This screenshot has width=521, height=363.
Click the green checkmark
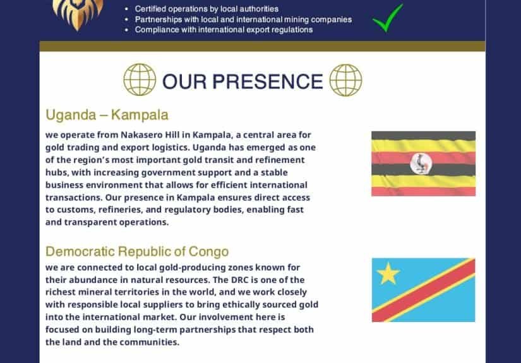[387, 18]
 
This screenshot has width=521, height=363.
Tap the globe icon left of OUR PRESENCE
[140, 80]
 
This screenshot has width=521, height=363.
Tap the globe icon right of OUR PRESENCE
[345, 80]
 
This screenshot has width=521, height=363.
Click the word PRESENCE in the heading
[268, 81]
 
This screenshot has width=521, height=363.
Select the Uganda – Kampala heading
[107, 115]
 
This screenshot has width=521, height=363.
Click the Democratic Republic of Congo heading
[137, 251]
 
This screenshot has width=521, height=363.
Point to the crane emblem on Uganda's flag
[421, 164]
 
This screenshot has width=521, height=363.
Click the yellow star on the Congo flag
[388, 273]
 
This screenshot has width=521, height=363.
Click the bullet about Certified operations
[207, 9]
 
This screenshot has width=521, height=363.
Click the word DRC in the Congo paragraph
[239, 280]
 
